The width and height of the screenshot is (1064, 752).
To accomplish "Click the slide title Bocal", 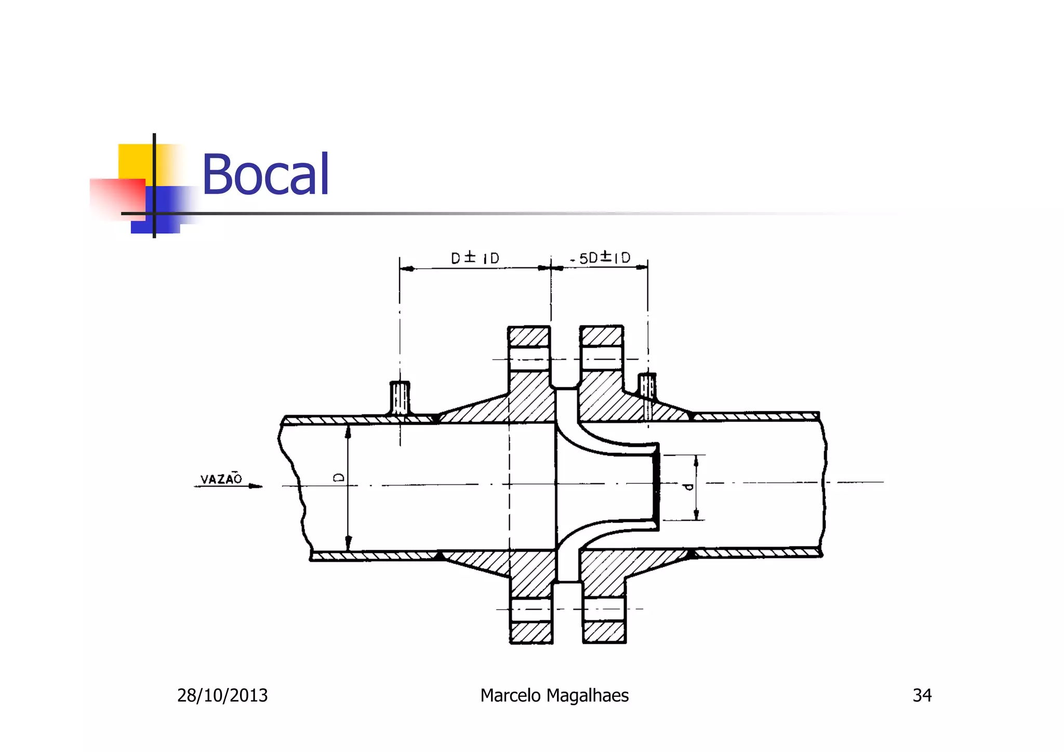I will (265, 175).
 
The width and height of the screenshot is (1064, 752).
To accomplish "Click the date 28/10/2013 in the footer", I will (222, 695).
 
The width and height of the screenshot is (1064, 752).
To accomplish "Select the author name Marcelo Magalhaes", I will (554, 695).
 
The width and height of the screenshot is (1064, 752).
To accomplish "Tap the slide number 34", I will (922, 695).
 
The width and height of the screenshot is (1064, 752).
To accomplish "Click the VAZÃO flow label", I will (221, 479).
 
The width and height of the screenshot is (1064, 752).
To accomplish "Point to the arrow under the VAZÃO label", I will (229, 486).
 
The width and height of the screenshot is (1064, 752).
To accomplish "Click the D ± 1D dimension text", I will (475, 258).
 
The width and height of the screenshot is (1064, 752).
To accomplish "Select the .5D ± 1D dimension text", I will (601, 258).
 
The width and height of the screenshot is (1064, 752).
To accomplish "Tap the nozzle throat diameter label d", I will (689, 487).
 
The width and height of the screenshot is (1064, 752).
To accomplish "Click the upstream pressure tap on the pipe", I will (400, 398).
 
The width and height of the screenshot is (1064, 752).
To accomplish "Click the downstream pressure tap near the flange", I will (647, 387).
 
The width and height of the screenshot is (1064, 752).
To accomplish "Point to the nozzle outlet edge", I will (656, 486).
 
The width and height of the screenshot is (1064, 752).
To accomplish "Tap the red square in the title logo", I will (117, 197).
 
